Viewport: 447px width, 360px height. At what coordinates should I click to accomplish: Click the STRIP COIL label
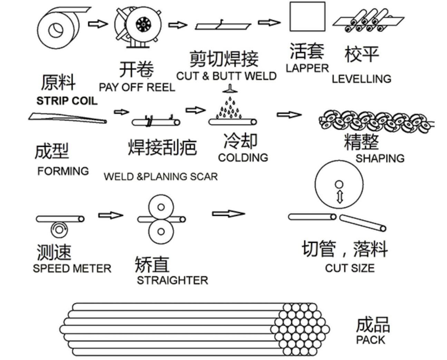pos(67,101)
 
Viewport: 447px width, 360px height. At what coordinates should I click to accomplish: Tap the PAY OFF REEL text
pos(137,87)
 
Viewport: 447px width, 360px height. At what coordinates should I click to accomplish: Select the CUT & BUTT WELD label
pos(226,76)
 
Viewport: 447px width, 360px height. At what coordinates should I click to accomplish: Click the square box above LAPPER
pos(307,17)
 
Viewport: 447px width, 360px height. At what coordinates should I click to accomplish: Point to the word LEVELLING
pos(361,79)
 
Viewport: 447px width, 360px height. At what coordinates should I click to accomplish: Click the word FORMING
pos(63,171)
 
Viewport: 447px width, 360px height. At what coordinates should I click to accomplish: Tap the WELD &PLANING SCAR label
pos(161,177)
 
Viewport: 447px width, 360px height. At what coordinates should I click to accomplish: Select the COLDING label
pos(243,158)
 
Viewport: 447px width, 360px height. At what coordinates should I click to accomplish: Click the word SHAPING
pos(380,158)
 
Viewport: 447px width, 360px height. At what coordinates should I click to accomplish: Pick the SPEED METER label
pos(72,269)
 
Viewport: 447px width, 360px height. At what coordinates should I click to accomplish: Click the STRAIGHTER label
pos(172,280)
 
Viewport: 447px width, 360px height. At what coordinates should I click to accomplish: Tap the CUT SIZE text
pos(350,268)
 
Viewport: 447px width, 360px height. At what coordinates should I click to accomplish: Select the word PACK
pos(370,340)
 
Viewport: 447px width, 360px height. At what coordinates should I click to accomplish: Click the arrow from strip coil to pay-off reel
pos(98,24)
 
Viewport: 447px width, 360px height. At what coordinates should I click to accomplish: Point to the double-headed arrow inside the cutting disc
pos(340,196)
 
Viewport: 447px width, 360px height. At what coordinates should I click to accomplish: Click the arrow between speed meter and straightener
pos(110,215)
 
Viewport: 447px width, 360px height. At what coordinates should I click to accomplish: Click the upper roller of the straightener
pos(161,207)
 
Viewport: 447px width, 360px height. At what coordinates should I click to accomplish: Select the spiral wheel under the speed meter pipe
pos(59,229)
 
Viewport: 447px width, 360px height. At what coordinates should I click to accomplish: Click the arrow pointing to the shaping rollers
pos(289,115)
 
